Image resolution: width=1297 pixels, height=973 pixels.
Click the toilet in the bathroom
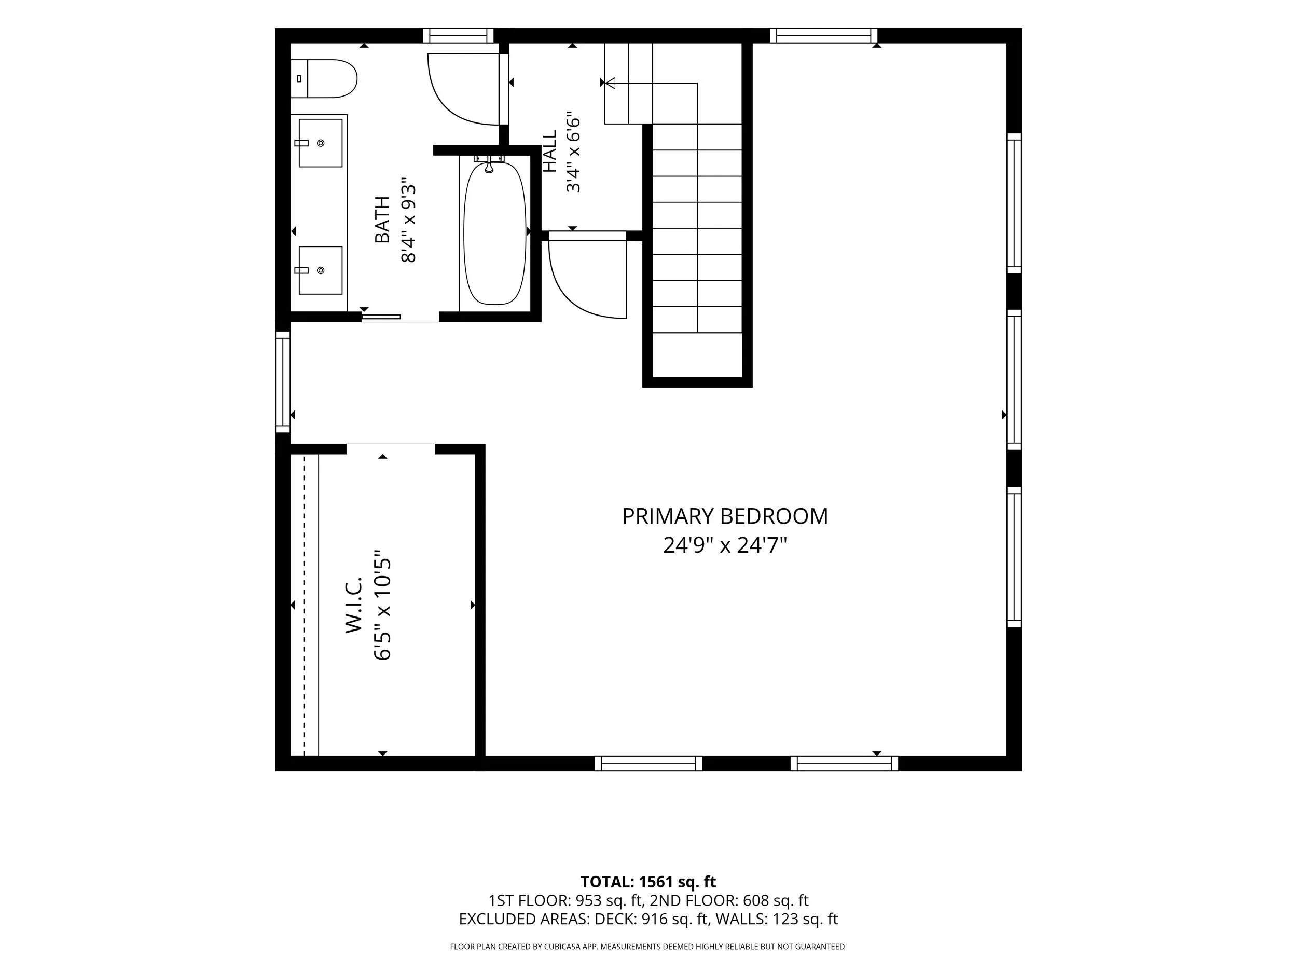tap(324, 78)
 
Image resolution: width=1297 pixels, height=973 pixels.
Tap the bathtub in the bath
tap(495, 232)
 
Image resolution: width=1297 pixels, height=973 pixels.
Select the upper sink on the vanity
tap(321, 143)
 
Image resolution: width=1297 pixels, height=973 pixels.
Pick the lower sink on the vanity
tap(321, 270)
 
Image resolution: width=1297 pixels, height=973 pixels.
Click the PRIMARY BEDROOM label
tap(725, 517)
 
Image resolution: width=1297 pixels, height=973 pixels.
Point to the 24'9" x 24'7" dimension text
tap(725, 546)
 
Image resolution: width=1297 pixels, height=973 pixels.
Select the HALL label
tap(549, 152)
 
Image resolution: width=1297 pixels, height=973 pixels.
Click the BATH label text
tap(382, 220)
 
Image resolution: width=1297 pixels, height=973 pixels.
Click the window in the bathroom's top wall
tap(458, 36)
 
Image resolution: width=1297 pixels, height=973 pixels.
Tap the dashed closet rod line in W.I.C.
tap(305, 605)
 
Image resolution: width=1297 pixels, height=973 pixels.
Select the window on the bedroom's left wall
tap(283, 382)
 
